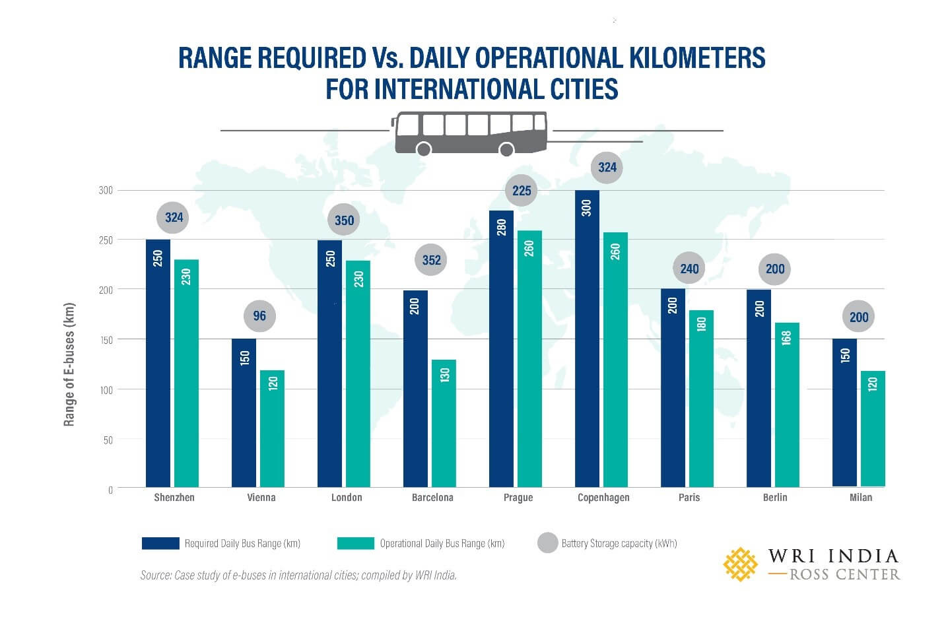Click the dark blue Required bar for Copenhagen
coord(587,343)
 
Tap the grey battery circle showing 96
coord(259,316)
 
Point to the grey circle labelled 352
coord(431,260)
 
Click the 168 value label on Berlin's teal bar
coord(786,337)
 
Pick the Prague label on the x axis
coord(518,498)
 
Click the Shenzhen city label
coord(174,498)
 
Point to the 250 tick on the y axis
coord(106,240)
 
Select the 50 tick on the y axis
coord(108,440)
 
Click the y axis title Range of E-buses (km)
coord(69,364)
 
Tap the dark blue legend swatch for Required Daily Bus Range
coord(160,543)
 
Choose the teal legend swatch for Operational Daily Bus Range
coord(355,543)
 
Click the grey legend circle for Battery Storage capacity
coord(547,543)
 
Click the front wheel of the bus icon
coord(506,150)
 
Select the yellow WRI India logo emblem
coord(740,564)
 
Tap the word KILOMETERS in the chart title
coord(696,58)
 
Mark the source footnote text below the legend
coord(298,576)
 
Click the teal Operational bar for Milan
coord(873,429)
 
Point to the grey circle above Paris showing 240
coord(689,269)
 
